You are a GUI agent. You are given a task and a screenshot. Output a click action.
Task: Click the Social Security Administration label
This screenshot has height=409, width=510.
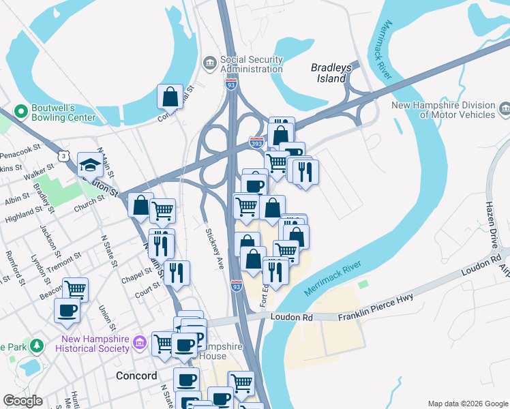tap(251, 64)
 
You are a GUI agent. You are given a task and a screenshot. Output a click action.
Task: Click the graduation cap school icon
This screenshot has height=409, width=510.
tap(90, 165)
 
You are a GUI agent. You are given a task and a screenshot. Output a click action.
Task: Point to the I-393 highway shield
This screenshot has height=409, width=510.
tap(257, 142)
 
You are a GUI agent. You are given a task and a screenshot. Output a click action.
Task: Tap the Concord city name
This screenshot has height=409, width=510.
tap(136, 376)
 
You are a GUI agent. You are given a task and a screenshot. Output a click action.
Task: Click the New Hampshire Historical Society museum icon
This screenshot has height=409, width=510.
tap(139, 340)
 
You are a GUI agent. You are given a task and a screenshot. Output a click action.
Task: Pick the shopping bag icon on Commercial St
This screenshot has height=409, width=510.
tap(170, 97)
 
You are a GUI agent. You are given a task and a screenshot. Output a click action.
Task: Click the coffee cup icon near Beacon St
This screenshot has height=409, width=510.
tap(67, 310)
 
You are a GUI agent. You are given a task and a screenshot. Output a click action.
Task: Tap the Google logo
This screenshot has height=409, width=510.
tap(22, 401)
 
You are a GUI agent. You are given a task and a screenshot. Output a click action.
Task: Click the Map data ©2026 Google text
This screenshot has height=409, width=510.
tap(467, 404)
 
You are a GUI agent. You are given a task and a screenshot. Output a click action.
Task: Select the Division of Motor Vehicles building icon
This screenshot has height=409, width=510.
tap(505, 108)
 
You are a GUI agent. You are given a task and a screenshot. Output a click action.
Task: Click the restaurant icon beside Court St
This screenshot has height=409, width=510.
tap(177, 273)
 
